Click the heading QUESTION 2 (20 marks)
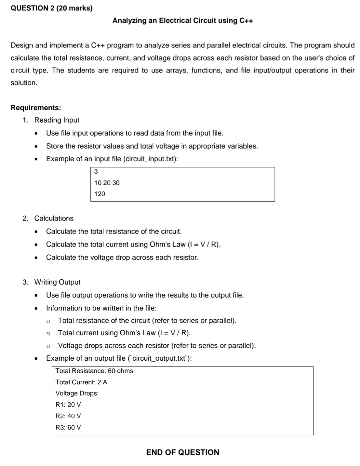pyautogui.click(x=52, y=8)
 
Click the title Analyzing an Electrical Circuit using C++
pyautogui.click(x=183, y=21)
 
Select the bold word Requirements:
pyautogui.click(x=36, y=108)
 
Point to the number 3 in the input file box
pyautogui.click(x=96, y=172)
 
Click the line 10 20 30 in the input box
pyautogui.click(x=107, y=183)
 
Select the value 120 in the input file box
pyautogui.click(x=99, y=194)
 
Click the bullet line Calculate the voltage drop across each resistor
pyautogui.click(x=122, y=257)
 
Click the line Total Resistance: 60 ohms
pyautogui.click(x=94, y=371)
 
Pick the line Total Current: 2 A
pyautogui.click(x=81, y=382)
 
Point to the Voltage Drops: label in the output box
pyautogui.click(x=77, y=393)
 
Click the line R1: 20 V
pyautogui.click(x=68, y=405)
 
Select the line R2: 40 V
pyautogui.click(x=68, y=416)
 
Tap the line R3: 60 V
pyautogui.click(x=68, y=427)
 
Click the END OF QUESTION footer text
pyautogui.click(x=183, y=452)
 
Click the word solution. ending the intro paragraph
pyautogui.click(x=24, y=83)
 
